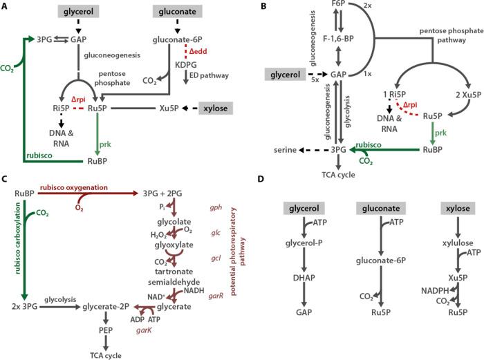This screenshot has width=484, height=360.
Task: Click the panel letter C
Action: pyautogui.click(x=5, y=181)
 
